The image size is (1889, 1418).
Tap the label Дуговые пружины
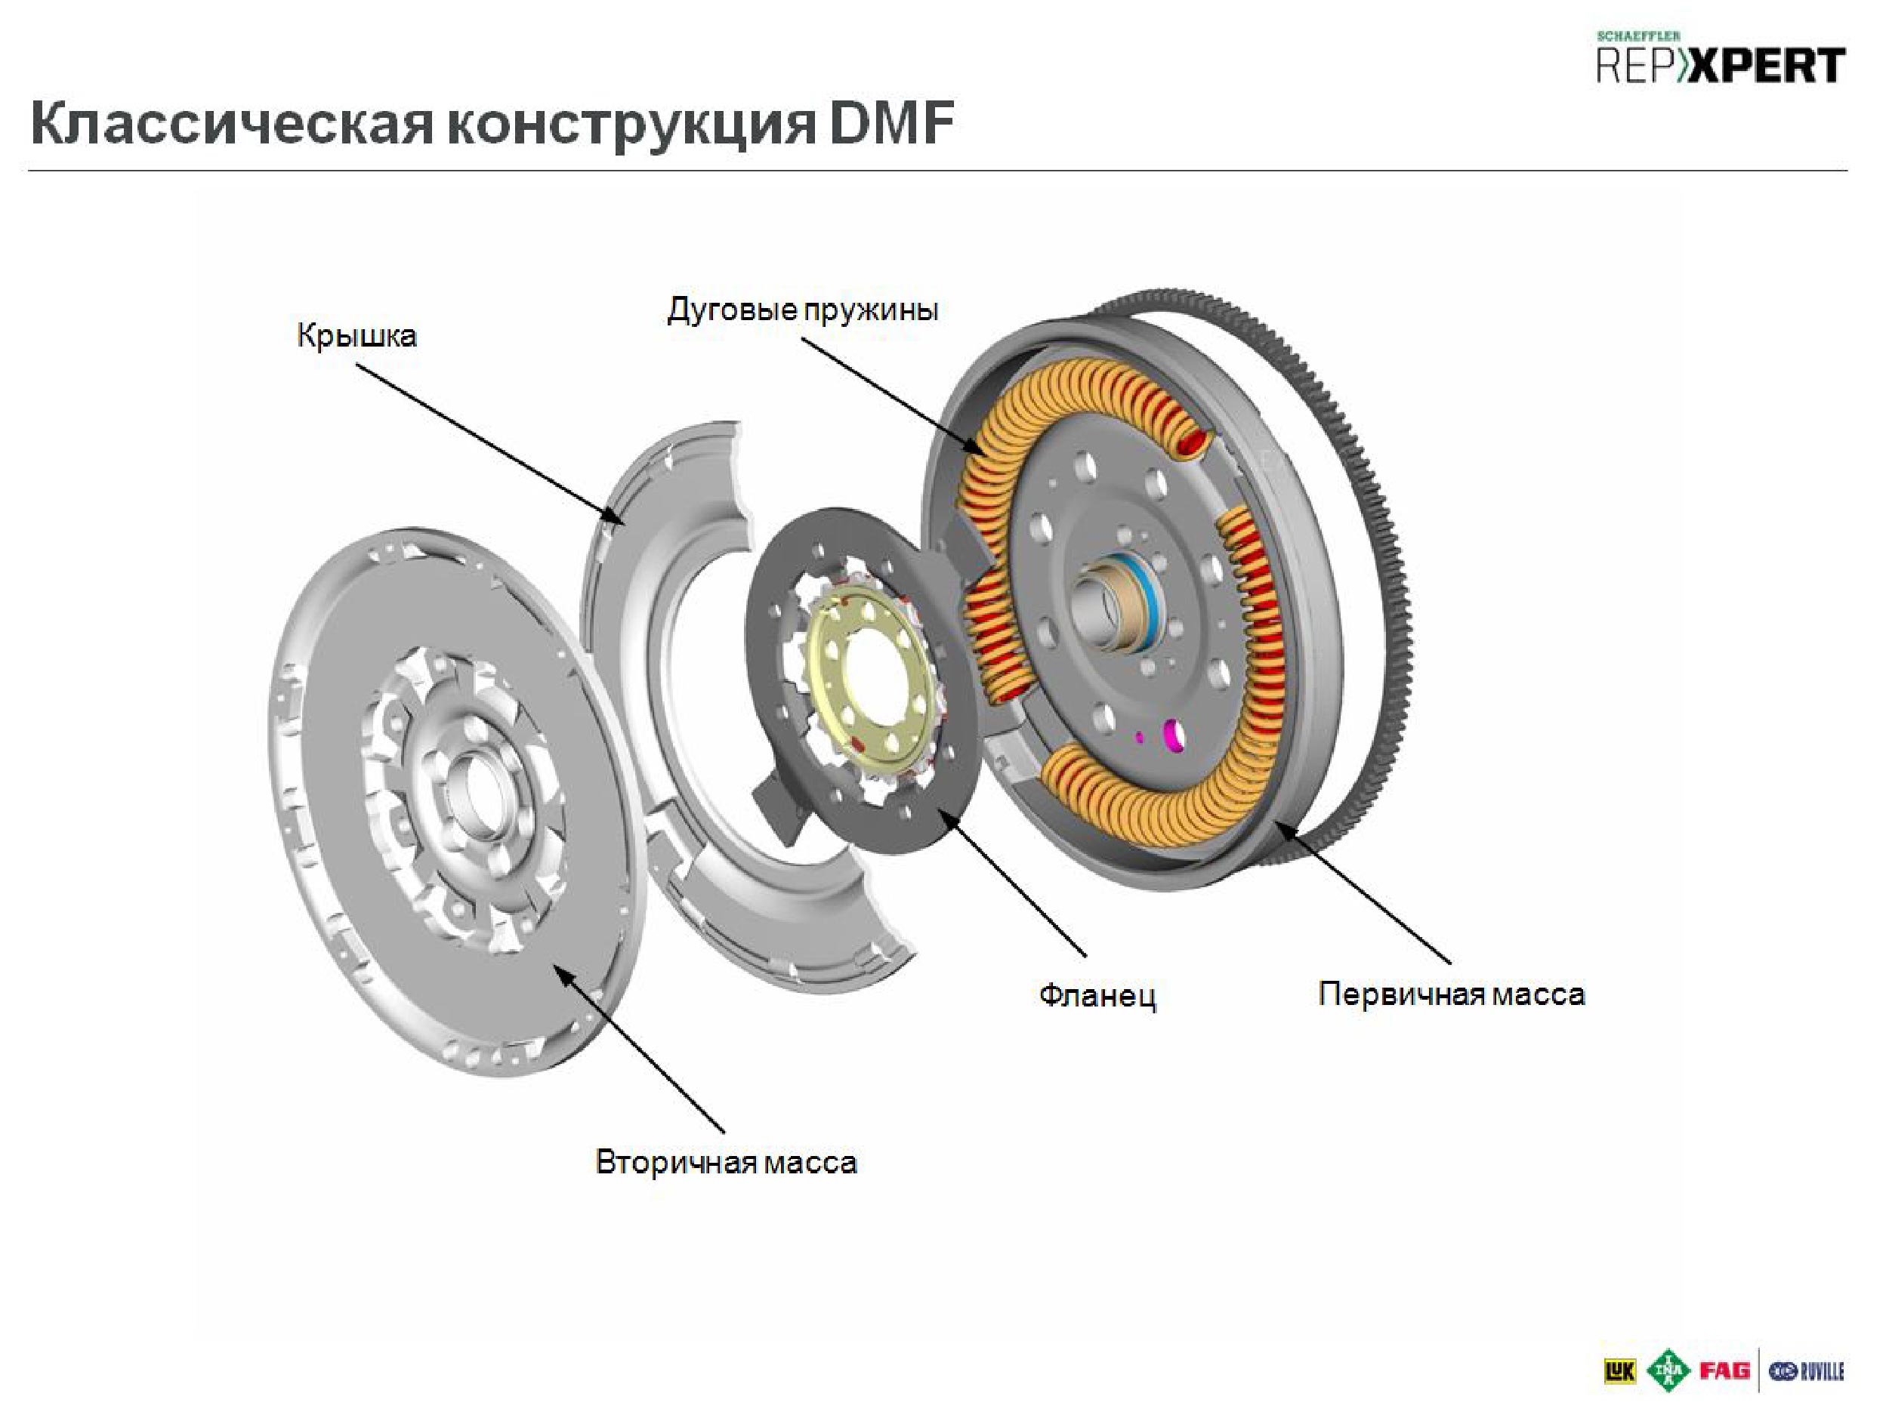coord(802,309)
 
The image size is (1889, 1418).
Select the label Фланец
coord(1097,994)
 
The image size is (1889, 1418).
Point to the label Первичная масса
coord(1451,994)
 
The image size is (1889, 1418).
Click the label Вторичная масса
coord(726,1162)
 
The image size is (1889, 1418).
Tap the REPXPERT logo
coord(1721,64)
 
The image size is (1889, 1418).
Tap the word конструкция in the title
coord(631,124)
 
